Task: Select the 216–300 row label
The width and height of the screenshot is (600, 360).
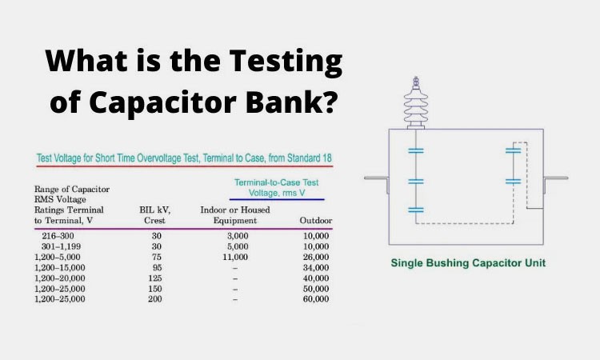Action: (58, 237)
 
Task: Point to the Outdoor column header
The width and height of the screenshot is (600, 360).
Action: (315, 220)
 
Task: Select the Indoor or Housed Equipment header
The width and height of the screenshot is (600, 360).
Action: (234, 214)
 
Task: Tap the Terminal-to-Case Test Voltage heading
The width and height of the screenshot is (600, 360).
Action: (276, 186)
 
